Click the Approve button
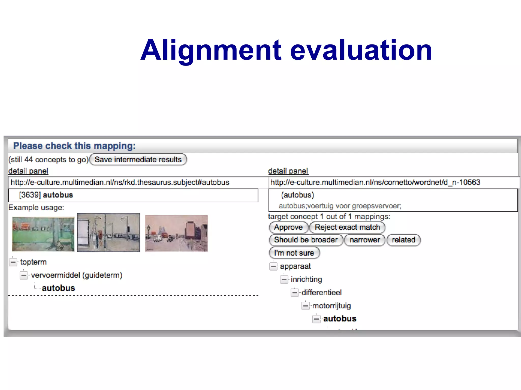[288, 227]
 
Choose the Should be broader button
[306, 240]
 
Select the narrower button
[365, 240]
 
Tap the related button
[403, 240]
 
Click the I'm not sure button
[294, 253]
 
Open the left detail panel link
[28, 171]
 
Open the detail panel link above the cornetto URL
[288, 171]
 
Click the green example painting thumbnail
[43, 234]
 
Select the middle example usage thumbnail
[109, 233]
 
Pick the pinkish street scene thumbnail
[176, 233]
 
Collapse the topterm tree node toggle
[13, 262]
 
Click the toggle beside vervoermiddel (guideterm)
[24, 275]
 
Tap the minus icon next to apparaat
[273, 266]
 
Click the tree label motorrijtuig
[331, 306]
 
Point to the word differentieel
[322, 292]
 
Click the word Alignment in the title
[211, 50]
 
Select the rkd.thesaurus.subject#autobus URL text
[120, 182]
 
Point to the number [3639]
[30, 195]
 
